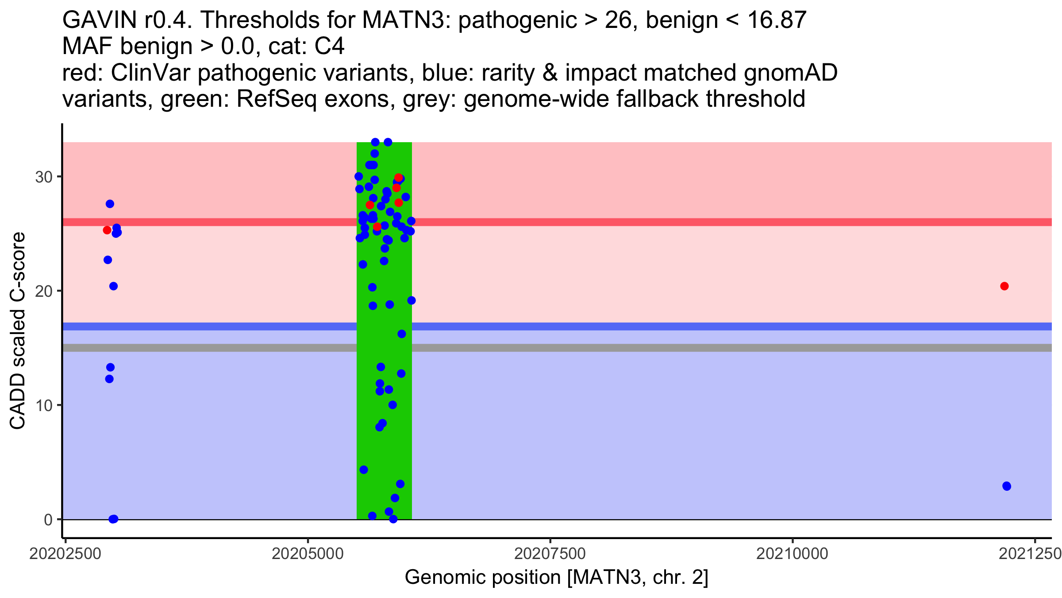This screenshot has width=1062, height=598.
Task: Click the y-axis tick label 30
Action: tap(43, 177)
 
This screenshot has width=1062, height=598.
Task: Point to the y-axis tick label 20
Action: tap(43, 291)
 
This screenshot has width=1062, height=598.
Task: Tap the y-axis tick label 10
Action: tap(43, 406)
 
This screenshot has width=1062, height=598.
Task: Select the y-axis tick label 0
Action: tap(48, 520)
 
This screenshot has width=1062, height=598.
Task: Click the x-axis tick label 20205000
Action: tap(308, 554)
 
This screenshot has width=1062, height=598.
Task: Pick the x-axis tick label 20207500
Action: tap(550, 554)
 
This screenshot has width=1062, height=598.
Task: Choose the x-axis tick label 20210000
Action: tap(792, 554)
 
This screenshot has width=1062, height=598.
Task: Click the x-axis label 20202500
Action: tap(65, 554)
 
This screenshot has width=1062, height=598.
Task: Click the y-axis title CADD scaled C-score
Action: tap(18, 331)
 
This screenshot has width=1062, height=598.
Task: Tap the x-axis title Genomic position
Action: tap(556, 578)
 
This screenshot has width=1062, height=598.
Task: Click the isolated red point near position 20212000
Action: tap(1004, 286)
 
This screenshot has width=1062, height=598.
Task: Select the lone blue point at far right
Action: tap(1007, 486)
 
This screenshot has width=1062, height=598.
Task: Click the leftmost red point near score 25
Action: tap(107, 230)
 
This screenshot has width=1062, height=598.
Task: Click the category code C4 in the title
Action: tap(329, 47)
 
